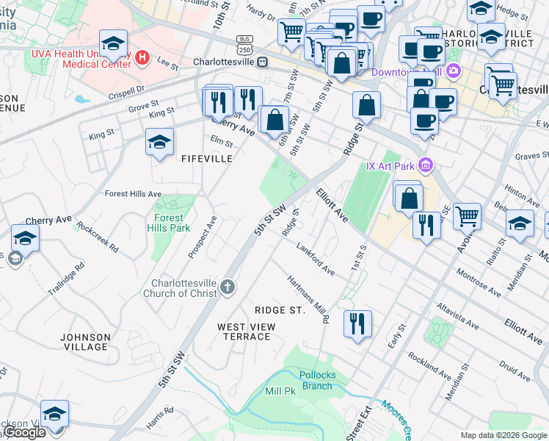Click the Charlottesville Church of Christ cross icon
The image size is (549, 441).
click(228, 287)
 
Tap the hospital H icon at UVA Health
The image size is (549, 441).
click(143, 57)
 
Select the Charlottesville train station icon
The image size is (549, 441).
click(261, 62)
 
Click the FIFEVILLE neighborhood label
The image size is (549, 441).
click(207, 159)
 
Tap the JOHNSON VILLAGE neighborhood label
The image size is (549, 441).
click(85, 343)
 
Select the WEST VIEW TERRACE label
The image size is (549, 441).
click(247, 331)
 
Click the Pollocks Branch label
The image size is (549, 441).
click(317, 381)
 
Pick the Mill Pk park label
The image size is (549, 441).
click(280, 391)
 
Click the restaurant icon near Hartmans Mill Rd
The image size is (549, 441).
click(357, 323)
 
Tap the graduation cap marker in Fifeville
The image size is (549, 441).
click(159, 143)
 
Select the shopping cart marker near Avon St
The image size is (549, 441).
click(467, 216)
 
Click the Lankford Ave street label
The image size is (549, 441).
click(316, 259)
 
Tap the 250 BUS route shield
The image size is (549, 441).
click(244, 43)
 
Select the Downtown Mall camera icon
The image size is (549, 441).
click(454, 71)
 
